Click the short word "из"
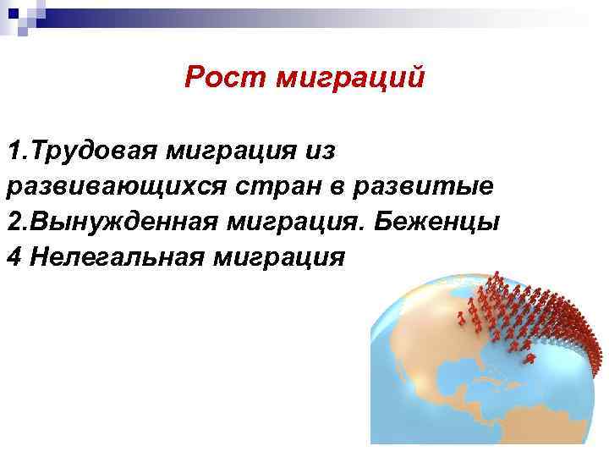coord(322,151)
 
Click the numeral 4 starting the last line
coord(12,256)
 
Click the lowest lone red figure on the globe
coord(529,359)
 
